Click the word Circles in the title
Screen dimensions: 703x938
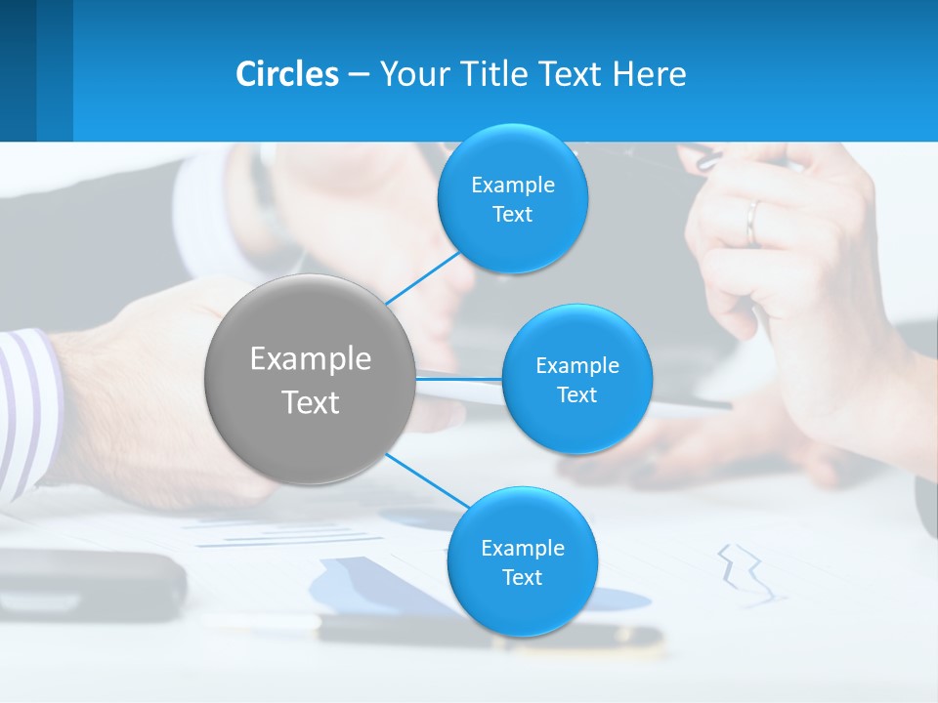[x=287, y=74]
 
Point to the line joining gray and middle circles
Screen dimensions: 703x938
[x=459, y=378]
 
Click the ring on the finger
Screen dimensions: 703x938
[x=751, y=223]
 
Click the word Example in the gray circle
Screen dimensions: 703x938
[x=310, y=359]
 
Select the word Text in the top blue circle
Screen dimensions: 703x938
[x=513, y=215]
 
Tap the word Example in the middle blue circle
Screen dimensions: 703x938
[x=576, y=365]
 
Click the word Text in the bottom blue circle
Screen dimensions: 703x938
[x=522, y=577]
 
